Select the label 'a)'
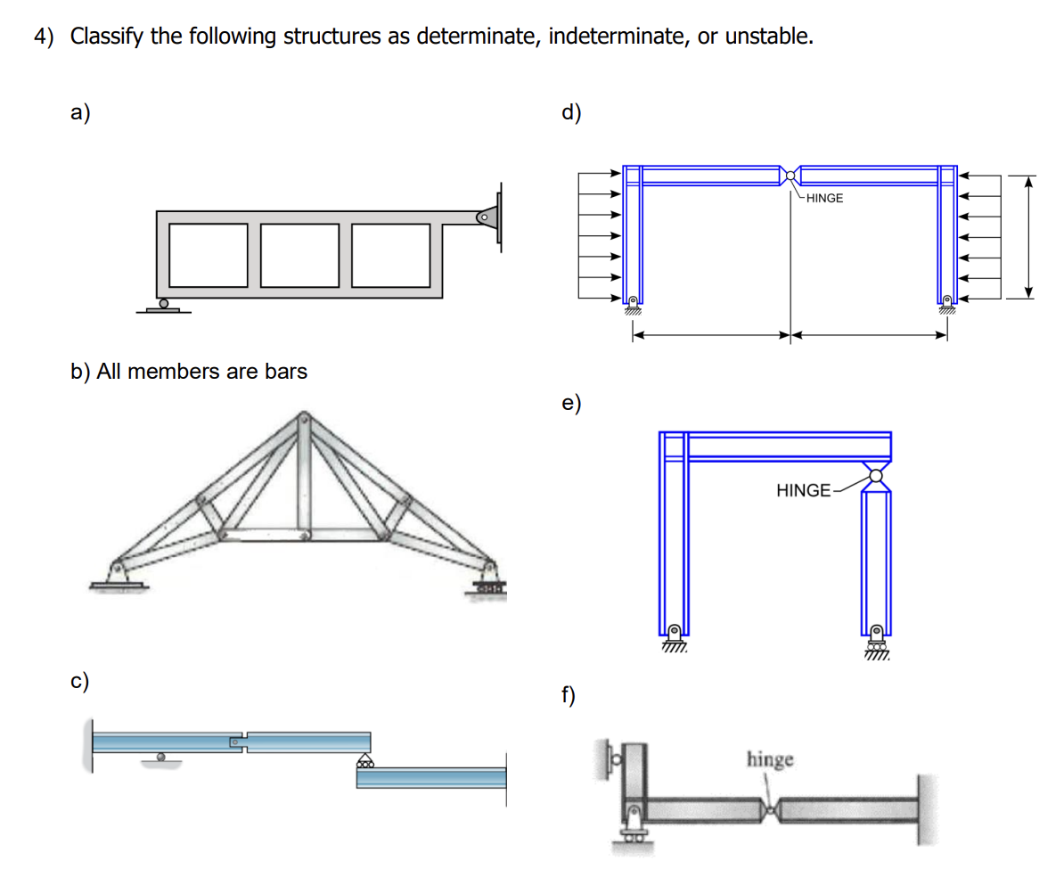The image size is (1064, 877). pos(81,113)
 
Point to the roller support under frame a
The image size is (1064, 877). pos(163,305)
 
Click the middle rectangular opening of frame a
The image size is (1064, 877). pos(300,255)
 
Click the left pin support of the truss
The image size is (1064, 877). pos(117,571)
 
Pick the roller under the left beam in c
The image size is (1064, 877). pos(161,758)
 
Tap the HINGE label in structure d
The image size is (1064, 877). pos(823,198)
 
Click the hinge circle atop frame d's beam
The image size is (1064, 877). pos(790,175)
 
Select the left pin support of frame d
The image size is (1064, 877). pos(633,303)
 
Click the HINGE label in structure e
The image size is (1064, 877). pos(804,490)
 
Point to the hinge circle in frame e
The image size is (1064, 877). pos(877,475)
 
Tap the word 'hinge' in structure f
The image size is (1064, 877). pos(770,759)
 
